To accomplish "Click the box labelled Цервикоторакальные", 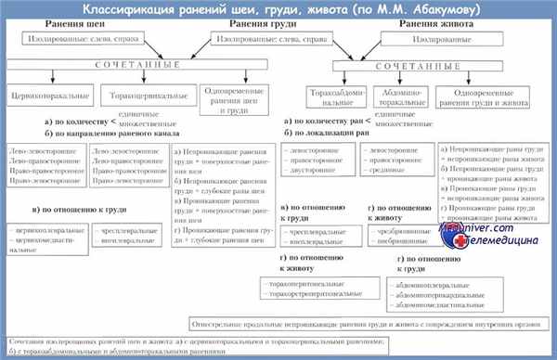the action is [46, 96].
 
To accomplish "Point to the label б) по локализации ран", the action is [329, 134].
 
